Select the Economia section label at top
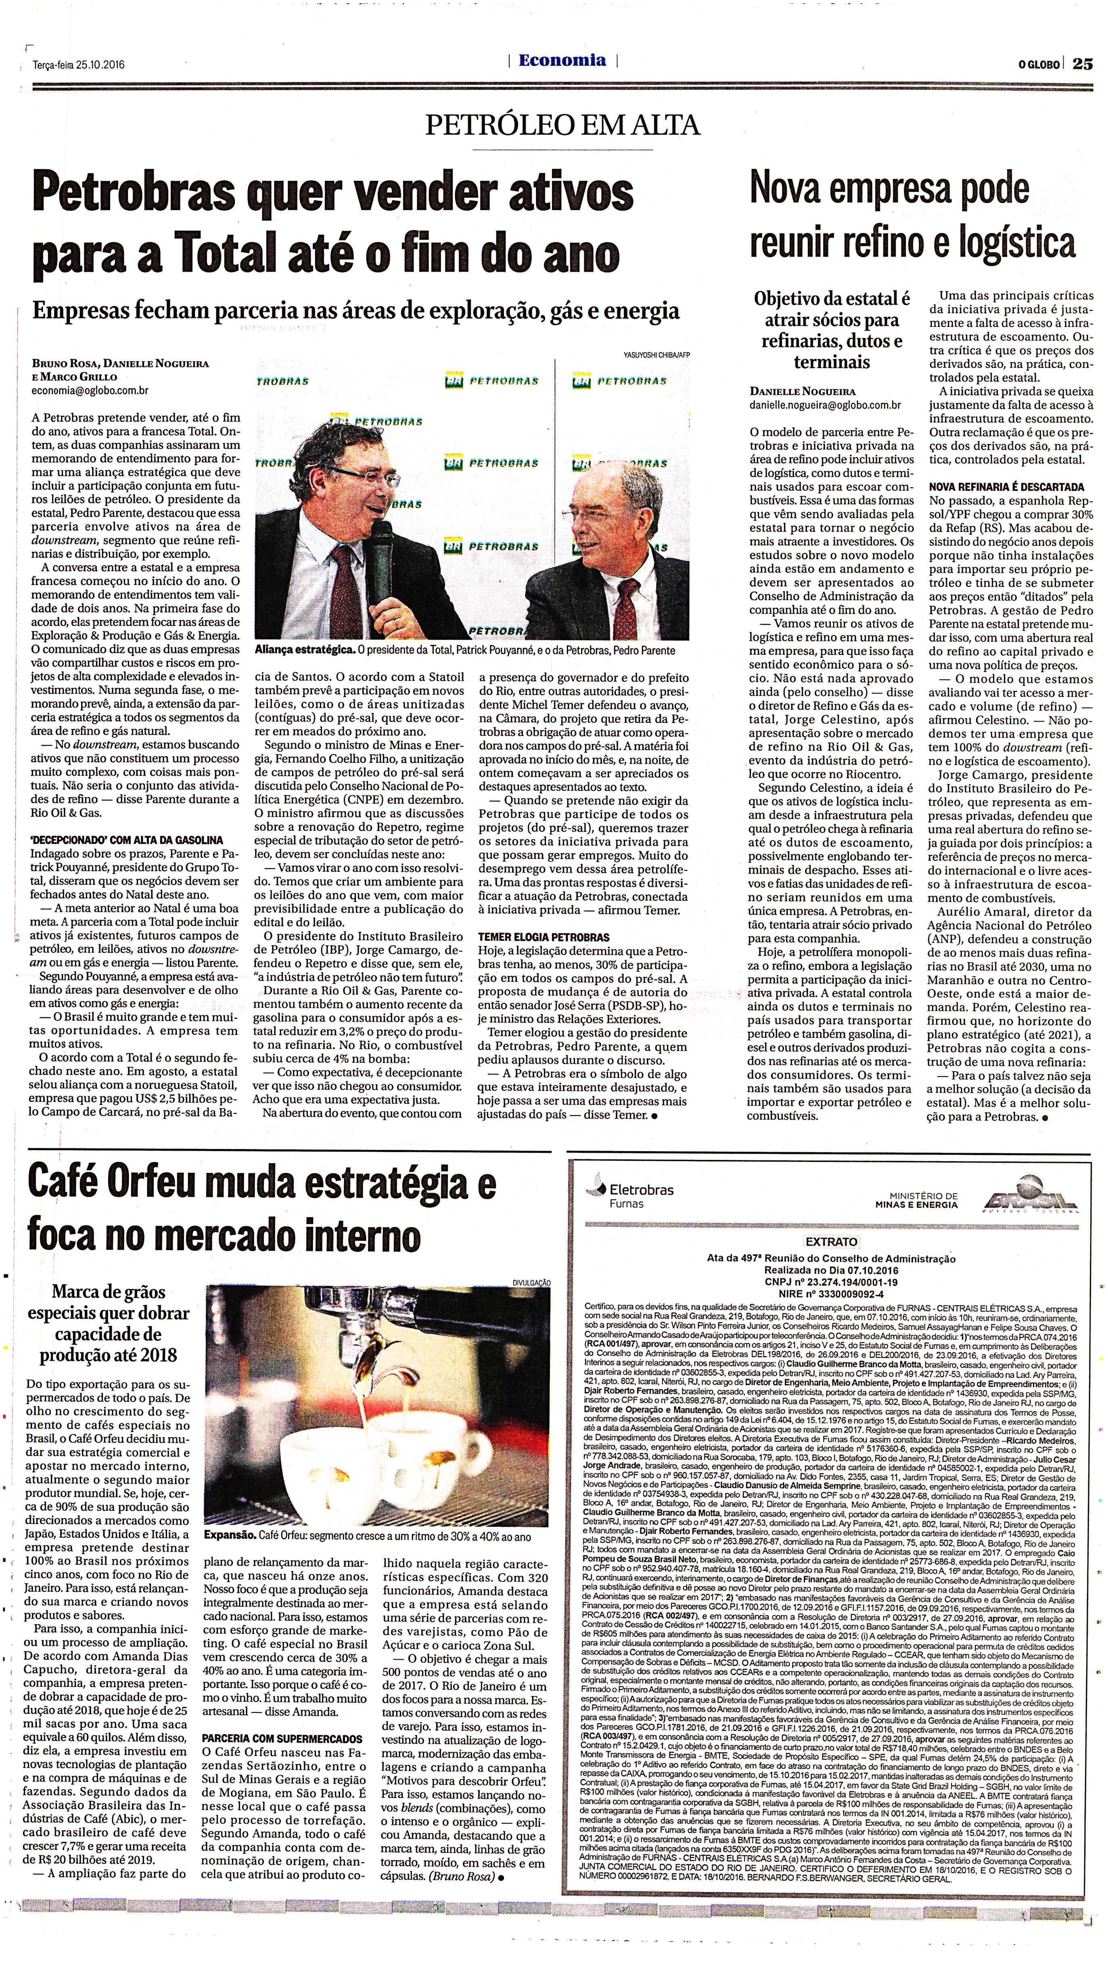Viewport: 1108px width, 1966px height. coord(562,61)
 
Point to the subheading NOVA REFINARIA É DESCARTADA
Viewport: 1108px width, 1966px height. coord(1006,486)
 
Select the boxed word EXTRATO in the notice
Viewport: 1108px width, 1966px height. coord(831,1242)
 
